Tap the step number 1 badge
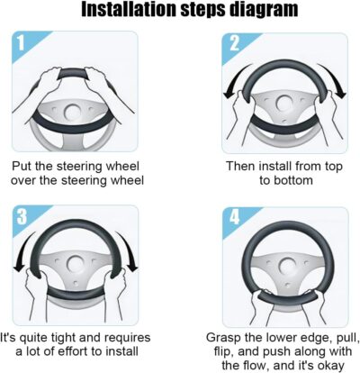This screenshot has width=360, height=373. pyautogui.click(x=25, y=44)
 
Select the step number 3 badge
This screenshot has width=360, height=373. pyautogui.click(x=25, y=216)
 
